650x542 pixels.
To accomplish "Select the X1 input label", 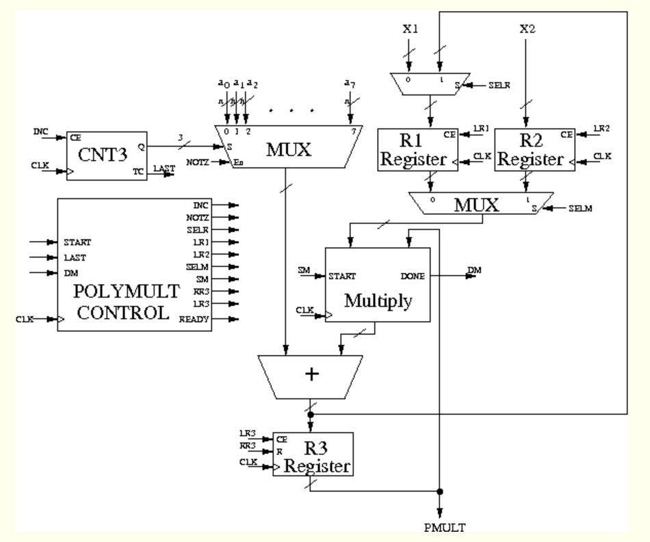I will coord(409,29).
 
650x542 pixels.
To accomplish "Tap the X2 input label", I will coord(525,29).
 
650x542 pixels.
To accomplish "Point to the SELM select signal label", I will coord(580,207).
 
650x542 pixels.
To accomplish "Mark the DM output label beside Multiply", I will coord(473,271).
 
